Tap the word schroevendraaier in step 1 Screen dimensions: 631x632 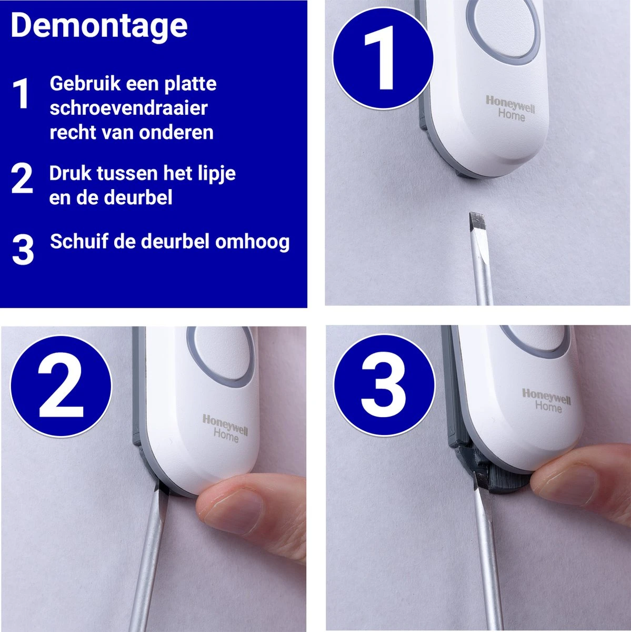click(x=129, y=108)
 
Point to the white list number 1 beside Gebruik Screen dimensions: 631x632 click(x=21, y=94)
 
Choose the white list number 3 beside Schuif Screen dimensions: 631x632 click(x=23, y=250)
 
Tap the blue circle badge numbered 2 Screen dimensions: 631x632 click(x=61, y=386)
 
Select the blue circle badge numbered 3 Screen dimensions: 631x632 click(x=384, y=385)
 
